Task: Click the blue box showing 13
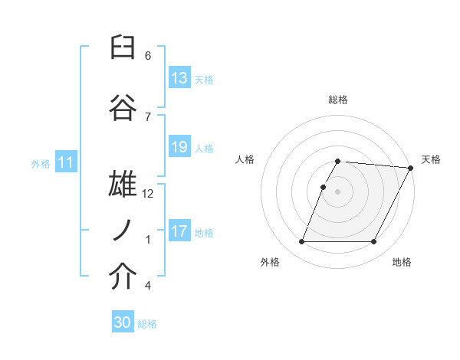pos(179,78)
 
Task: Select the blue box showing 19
pos(179,147)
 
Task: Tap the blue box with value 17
pos(179,231)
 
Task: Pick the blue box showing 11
pos(66,162)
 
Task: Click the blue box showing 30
pos(123,322)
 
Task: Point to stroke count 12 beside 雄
pos(149,194)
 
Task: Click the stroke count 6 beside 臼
pos(148,56)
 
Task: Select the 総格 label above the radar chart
pos(338,100)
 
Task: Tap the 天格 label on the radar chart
pos(431,159)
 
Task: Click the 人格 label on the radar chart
pos(245,159)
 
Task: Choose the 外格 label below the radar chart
pos(270,262)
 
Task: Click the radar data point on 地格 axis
pos(374,242)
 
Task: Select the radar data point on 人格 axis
pos(323,187)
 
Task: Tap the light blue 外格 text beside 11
pos(40,163)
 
